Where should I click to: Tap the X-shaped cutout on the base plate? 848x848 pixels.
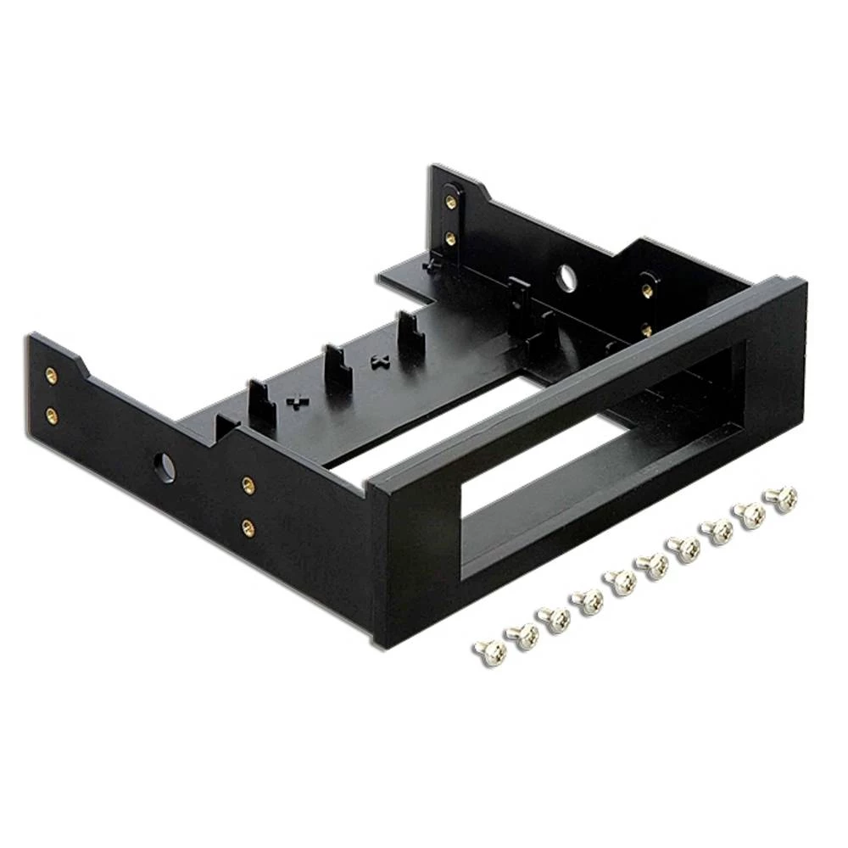(379, 361)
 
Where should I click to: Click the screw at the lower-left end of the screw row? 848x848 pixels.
(491, 651)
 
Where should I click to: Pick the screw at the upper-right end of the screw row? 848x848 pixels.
(781, 499)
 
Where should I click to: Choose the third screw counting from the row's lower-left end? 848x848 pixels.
(555, 618)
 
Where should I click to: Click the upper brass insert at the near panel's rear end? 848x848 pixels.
(52, 374)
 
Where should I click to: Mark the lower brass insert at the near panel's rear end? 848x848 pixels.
(52, 415)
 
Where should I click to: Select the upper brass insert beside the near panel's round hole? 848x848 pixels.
(248, 484)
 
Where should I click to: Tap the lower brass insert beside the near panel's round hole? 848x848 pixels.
(248, 529)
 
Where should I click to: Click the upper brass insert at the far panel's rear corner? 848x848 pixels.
(451, 202)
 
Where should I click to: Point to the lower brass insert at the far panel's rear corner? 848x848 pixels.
(451, 238)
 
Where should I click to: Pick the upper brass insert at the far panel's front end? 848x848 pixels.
(647, 290)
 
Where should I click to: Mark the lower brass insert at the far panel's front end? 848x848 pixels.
(647, 329)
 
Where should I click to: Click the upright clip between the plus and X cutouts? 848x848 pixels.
(338, 365)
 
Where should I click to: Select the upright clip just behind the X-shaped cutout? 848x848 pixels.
(410, 333)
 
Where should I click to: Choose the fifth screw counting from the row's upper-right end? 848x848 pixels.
(654, 566)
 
